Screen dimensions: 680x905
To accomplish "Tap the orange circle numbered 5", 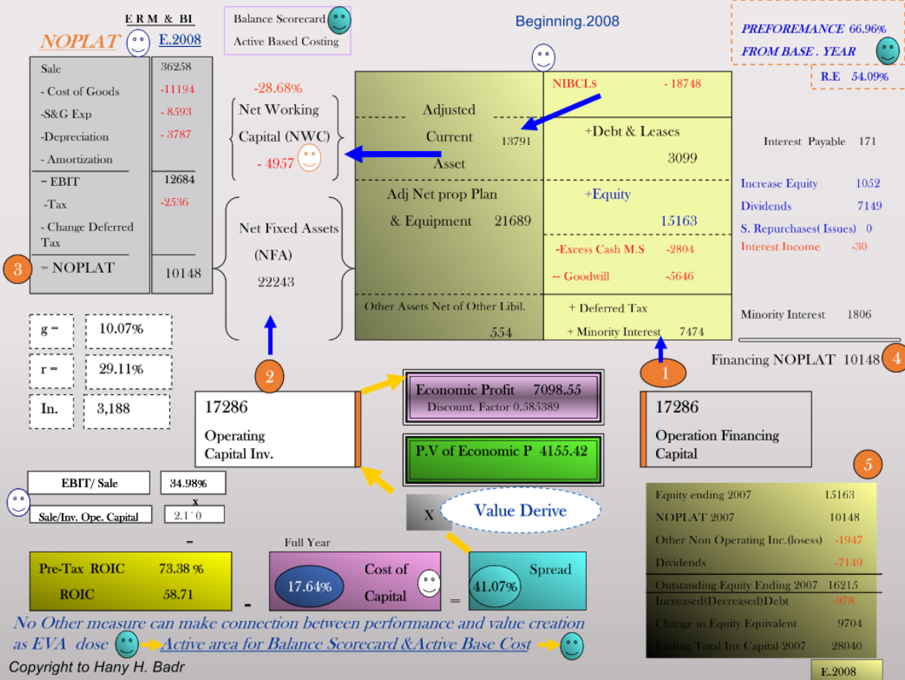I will pos(867,465).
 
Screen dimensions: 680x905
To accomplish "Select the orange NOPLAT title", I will pos(79,42).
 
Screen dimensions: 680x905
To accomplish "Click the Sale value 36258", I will pos(176,67).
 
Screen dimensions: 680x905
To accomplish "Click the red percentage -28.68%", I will pos(278,88).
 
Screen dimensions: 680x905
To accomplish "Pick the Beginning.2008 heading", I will pos(568,22).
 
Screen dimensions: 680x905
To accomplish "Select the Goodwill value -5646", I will pos(679,277).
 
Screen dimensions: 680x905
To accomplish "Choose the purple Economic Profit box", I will pos(502,397).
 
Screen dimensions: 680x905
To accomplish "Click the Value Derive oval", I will pos(520,511).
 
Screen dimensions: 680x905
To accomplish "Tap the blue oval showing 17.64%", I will pos(309,586).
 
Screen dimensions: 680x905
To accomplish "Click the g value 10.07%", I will pos(121,329).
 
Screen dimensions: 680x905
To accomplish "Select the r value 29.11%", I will pos(121,369).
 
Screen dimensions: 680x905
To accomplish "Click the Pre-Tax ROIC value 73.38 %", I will pos(181,569).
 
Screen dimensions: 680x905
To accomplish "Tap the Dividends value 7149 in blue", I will pos(869,206).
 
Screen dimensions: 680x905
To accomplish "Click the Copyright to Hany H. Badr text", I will pos(97,667).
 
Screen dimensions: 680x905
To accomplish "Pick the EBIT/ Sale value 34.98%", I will pos(188,484).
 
